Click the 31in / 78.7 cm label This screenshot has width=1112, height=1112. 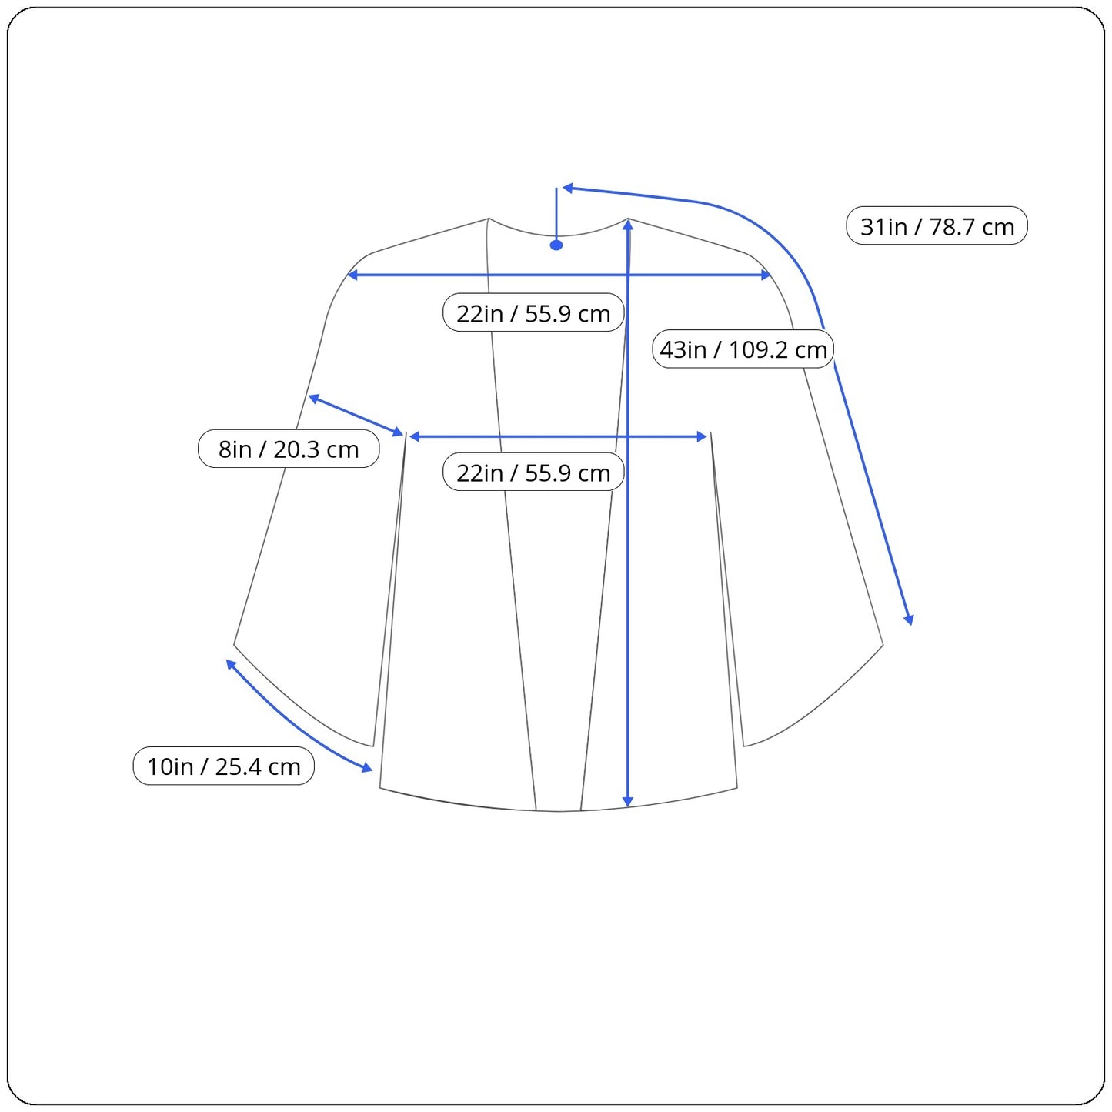pyautogui.click(x=937, y=225)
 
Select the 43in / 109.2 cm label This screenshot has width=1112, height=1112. pyautogui.click(x=743, y=349)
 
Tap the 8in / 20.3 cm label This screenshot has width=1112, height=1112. pyautogui.click(x=289, y=449)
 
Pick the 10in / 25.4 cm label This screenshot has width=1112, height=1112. pyautogui.click(x=224, y=766)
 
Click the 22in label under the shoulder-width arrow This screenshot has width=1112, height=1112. pyautogui.click(x=533, y=312)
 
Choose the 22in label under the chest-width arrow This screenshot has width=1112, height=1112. pyautogui.click(x=533, y=472)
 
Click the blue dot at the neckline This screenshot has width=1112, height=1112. pyautogui.click(x=556, y=245)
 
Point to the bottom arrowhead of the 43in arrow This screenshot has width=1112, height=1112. pyautogui.click(x=628, y=802)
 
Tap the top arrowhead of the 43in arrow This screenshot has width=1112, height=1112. pyautogui.click(x=628, y=225)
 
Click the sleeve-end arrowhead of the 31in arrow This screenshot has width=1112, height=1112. pyautogui.click(x=909, y=619)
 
